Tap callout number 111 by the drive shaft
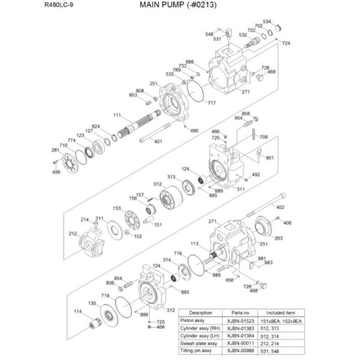pyautogui.click(x=117, y=115)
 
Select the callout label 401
pyautogui.click(x=158, y=142)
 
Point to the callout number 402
pyautogui.click(x=280, y=208)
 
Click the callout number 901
pyautogui.click(x=270, y=158)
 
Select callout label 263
pyautogui.click(x=278, y=238)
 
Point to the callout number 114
pyautogui.click(x=77, y=311)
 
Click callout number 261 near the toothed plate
pyautogui.click(x=55, y=150)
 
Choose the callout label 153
pyautogui.click(x=117, y=208)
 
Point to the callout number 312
pyautogui.click(x=170, y=310)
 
